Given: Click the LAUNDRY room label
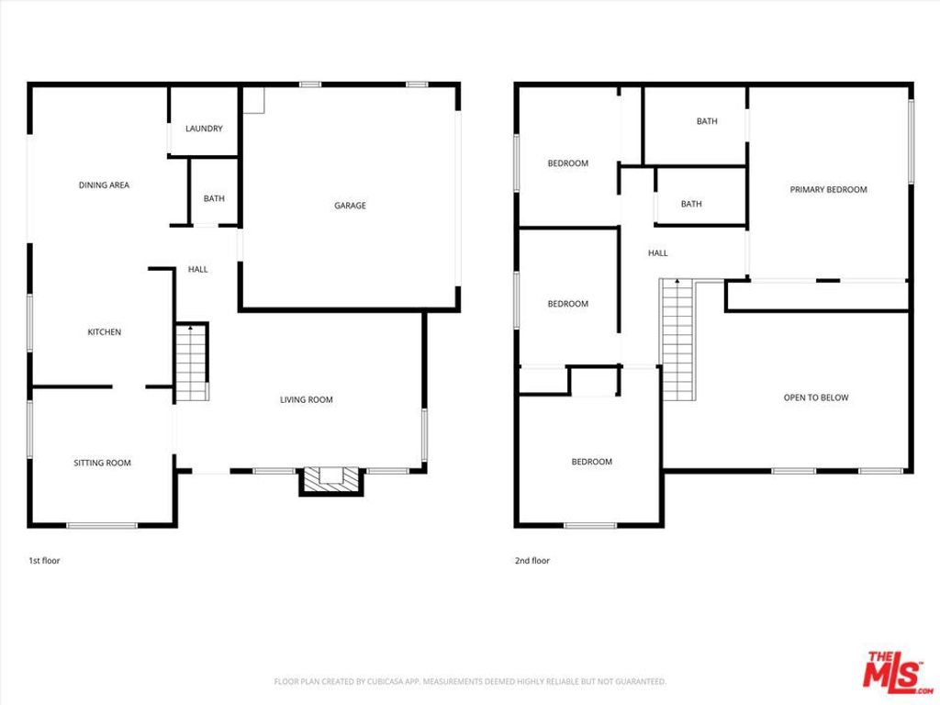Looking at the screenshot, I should click(x=204, y=129).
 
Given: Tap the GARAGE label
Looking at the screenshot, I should click(x=350, y=206).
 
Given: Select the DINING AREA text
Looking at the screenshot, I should click(x=104, y=185).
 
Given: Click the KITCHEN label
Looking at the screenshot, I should click(x=104, y=332).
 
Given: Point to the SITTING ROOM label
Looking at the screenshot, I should click(x=102, y=463).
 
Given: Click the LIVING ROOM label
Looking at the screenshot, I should click(x=307, y=399).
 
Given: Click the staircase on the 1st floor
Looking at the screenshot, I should click(x=191, y=363).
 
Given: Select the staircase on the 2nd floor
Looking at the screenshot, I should click(x=677, y=341).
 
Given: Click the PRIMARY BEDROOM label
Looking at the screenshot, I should click(x=828, y=190).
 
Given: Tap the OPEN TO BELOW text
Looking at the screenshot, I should click(x=815, y=397).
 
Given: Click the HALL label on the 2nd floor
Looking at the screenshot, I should click(x=658, y=253).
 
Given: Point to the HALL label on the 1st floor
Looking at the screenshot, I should click(x=197, y=270).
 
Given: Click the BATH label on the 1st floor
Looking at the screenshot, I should click(x=214, y=198).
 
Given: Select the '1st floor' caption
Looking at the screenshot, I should click(x=44, y=560).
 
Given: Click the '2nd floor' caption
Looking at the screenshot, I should click(x=532, y=560).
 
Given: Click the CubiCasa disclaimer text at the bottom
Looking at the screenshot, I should click(x=470, y=681).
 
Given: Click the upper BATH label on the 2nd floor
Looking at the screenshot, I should click(x=707, y=121).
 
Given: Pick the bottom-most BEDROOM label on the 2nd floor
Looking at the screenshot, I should click(x=591, y=462).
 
